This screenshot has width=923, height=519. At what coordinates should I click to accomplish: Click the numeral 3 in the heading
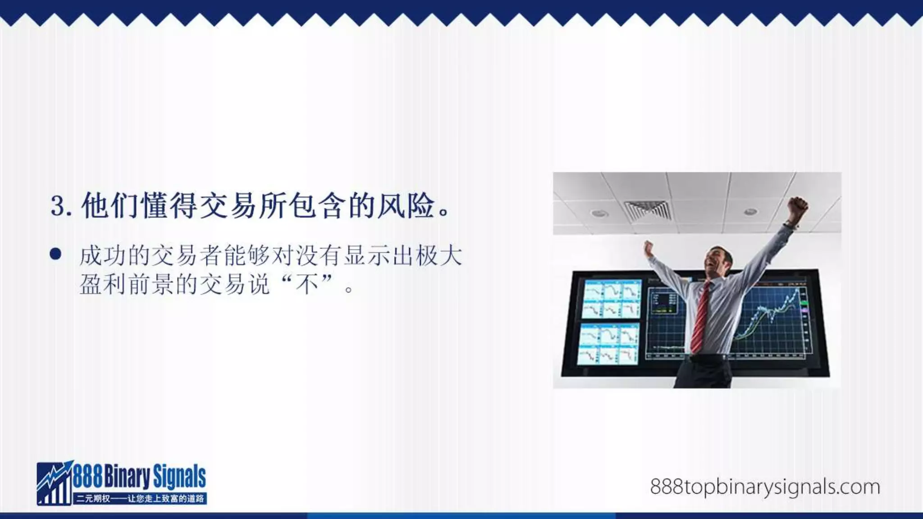pyautogui.click(x=58, y=206)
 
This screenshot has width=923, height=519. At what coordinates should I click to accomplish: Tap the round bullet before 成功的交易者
pyautogui.click(x=55, y=255)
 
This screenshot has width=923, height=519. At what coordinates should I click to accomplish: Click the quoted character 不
pyautogui.click(x=308, y=284)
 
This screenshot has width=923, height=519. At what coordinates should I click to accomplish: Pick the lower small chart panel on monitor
pyautogui.click(x=608, y=343)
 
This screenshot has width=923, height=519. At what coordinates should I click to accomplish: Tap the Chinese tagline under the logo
pyautogui.click(x=140, y=499)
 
